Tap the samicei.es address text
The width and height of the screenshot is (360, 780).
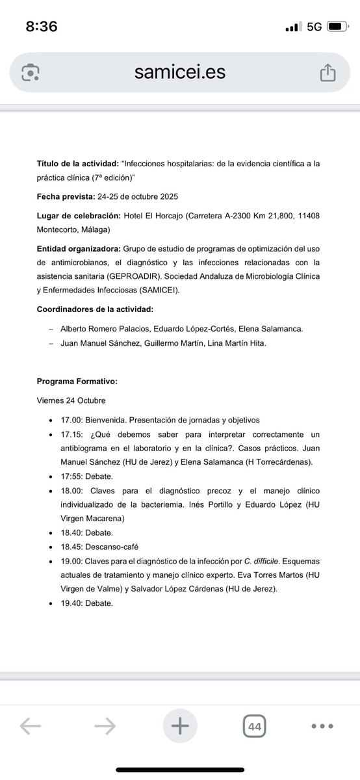[x=180, y=72]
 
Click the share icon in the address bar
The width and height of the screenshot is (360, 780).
[x=328, y=73]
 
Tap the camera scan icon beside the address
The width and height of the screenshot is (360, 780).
[x=31, y=73]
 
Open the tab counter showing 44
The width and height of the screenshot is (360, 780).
[x=254, y=726]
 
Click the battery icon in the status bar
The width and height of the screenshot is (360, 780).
[x=338, y=27]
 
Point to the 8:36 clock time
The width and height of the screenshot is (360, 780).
[x=42, y=27]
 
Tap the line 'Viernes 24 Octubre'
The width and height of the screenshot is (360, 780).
[x=71, y=400]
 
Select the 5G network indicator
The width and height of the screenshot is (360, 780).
[x=315, y=27]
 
